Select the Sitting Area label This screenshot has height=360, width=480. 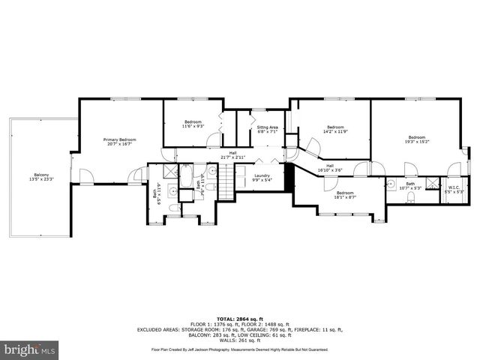[268, 130]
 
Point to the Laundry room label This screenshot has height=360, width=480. [261, 178]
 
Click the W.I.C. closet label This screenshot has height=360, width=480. [454, 190]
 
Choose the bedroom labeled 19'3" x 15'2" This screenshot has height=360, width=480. [416, 139]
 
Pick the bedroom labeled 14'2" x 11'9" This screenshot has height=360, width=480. [335, 129]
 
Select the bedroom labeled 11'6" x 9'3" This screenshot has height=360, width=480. [193, 124]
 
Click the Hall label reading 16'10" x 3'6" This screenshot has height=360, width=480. [330, 169]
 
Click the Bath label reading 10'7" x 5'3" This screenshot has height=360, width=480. [410, 185]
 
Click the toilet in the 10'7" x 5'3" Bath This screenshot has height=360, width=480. [412, 197]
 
